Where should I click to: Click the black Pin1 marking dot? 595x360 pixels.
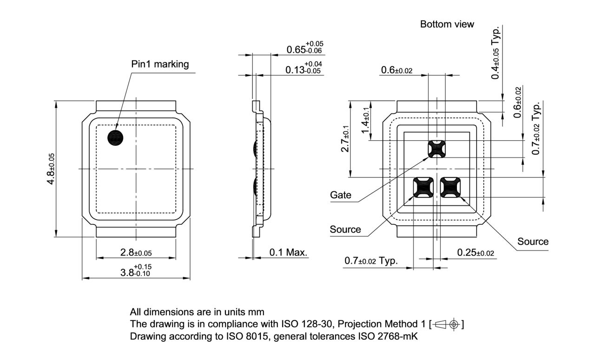[x=115, y=138]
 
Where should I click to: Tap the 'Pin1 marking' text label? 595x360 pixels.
[x=160, y=65]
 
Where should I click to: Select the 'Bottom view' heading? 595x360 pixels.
[x=447, y=24]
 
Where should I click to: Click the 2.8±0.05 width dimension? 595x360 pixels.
[x=136, y=253]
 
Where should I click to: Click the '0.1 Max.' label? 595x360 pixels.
[x=288, y=253]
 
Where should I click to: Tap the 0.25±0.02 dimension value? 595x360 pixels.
[x=475, y=253]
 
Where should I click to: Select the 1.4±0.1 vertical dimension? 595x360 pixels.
[x=366, y=120]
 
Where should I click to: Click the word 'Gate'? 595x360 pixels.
[x=341, y=195]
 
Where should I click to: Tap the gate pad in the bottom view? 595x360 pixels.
[x=436, y=149]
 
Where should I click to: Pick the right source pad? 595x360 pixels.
[x=450, y=187]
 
